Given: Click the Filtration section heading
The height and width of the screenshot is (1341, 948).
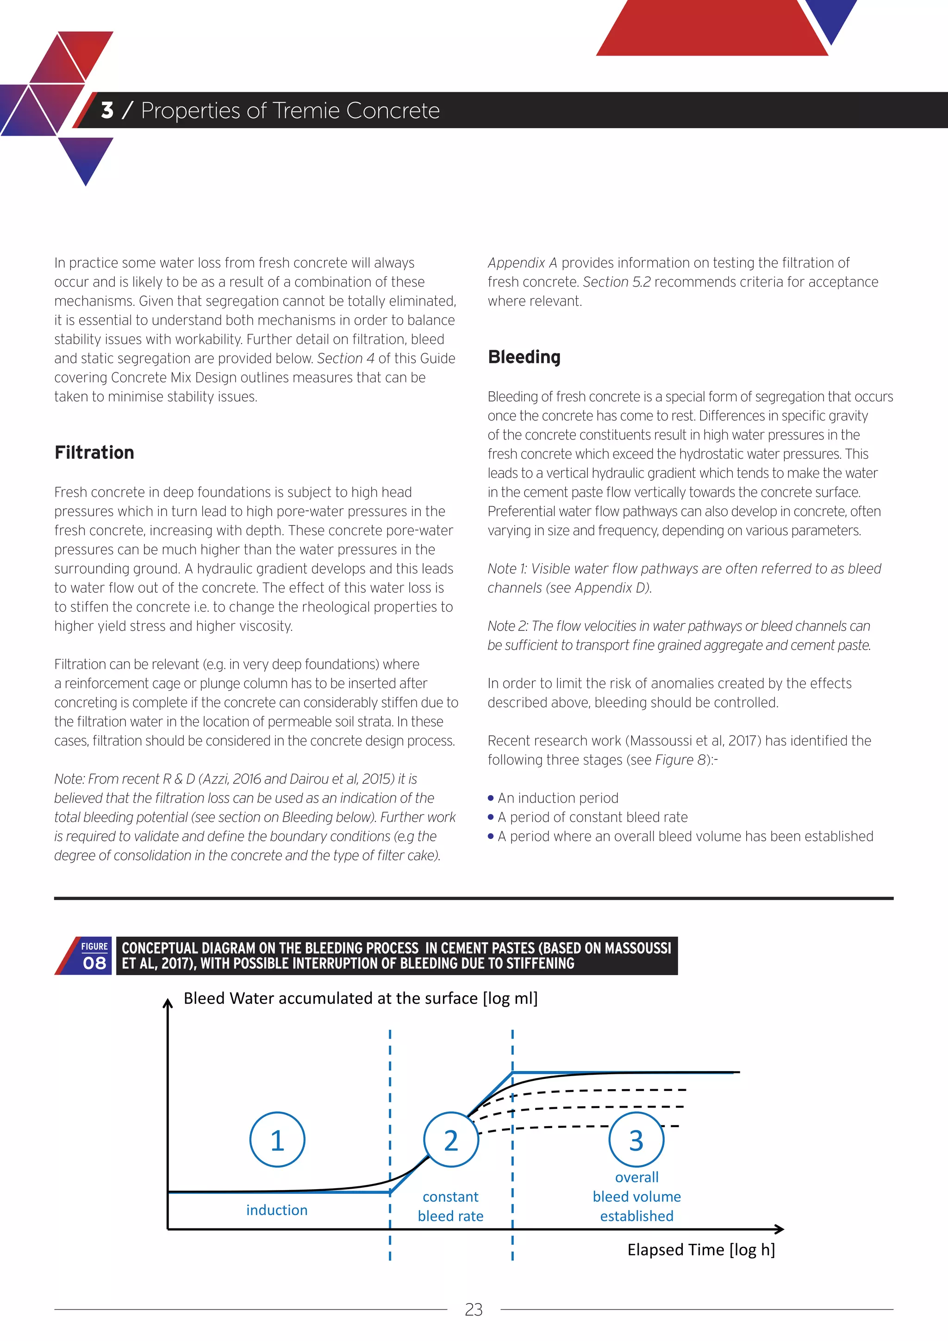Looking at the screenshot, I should (94, 453).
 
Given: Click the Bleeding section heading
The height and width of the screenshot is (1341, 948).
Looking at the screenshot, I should (524, 357).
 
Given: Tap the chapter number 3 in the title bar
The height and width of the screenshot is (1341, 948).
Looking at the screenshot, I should (107, 110).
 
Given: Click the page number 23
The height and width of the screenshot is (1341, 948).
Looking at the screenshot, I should (474, 1310).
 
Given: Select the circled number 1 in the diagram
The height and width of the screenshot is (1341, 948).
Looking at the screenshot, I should (277, 1140).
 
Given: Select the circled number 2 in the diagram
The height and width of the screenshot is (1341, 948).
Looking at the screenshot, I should (451, 1140).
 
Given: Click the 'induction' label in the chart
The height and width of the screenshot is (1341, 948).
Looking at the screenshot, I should (277, 1209).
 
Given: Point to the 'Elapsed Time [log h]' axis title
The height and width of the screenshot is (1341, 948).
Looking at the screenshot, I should (700, 1249).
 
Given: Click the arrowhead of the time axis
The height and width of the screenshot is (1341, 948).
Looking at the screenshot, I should (780, 1229).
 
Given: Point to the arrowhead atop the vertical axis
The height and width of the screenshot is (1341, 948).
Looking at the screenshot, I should (168, 1004).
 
